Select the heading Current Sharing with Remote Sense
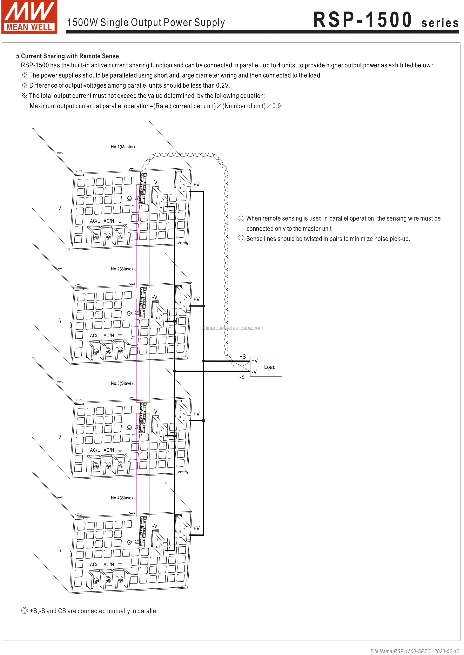tap(67, 56)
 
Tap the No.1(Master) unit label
tap(123, 147)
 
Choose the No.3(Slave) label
tap(122, 383)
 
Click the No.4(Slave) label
tap(122, 498)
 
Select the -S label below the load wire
tap(242, 377)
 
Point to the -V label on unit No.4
tap(155, 526)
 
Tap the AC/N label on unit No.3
tap(109, 450)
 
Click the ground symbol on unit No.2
tap(120, 335)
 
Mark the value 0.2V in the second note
tap(223, 85)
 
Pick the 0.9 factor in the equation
tap(277, 106)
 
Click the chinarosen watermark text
tap(232, 328)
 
